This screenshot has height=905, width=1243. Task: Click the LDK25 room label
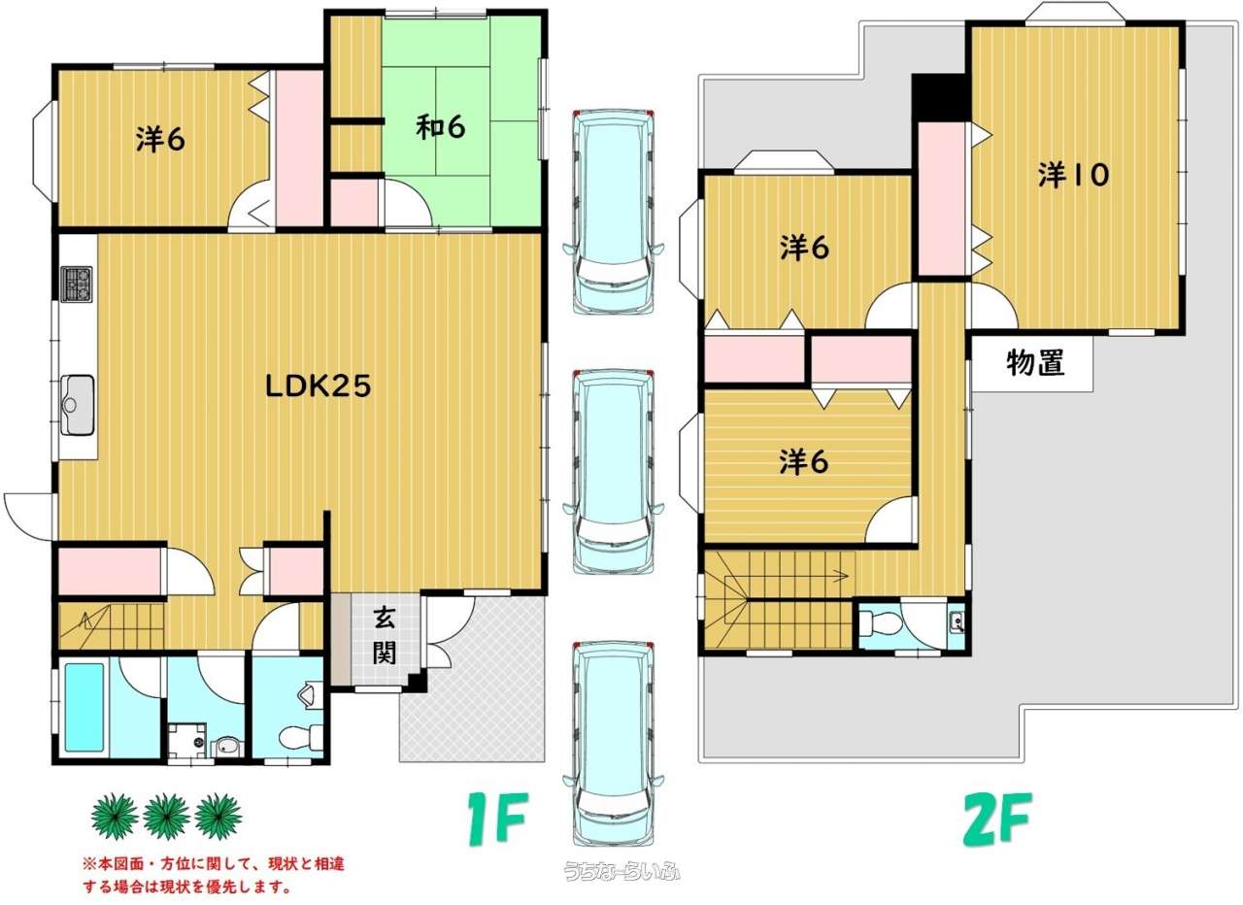(318, 385)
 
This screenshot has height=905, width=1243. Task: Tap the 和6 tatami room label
(441, 127)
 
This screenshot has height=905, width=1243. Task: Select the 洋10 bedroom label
(1073, 175)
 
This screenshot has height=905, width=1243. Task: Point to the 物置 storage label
(1035, 363)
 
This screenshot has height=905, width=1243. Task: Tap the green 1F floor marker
(497, 819)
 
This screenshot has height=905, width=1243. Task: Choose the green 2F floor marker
(997, 819)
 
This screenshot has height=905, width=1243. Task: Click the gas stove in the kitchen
(77, 285)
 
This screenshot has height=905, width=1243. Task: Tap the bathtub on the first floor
(84, 708)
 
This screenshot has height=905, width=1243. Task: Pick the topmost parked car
(613, 212)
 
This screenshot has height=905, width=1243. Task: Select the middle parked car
(613, 472)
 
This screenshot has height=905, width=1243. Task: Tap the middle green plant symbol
(166, 817)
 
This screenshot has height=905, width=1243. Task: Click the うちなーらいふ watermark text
(622, 872)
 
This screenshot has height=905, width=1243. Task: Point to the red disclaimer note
(214, 875)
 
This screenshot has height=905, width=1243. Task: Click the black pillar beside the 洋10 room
(941, 98)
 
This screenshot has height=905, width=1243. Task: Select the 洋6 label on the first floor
(160, 139)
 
